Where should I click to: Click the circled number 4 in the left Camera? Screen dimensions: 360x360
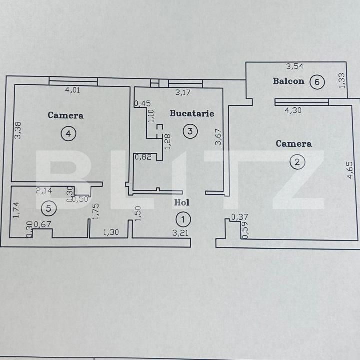[69, 133]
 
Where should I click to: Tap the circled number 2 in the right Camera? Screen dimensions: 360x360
[297, 162]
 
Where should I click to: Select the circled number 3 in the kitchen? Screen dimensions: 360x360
[190, 131]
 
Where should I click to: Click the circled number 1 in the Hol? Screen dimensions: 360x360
[183, 219]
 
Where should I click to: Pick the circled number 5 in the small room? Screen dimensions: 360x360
[48, 206]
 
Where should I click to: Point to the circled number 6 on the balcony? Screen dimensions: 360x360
[317, 81]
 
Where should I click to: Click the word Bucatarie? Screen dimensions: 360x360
[192, 113]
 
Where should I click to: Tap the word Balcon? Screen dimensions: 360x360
[288, 81]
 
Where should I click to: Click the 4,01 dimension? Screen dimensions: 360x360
[73, 90]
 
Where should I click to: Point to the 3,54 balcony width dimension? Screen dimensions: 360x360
[294, 66]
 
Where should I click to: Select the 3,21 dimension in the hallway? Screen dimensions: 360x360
[180, 232]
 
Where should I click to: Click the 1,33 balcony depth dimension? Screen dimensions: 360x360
[342, 81]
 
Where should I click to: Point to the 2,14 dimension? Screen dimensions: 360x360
[44, 190]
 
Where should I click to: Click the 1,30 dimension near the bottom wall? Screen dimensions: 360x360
[111, 232]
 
